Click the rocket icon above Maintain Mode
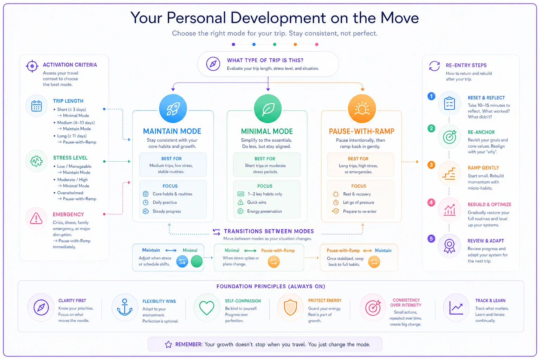click(173, 109)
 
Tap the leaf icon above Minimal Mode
click(268, 109)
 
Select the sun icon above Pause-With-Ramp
click(362, 108)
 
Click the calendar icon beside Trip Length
click(37, 105)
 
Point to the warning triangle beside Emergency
click(36, 218)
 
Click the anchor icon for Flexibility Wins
click(124, 307)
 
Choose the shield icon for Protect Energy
click(290, 307)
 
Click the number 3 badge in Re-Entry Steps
click(431, 165)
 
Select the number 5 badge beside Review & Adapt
click(431, 239)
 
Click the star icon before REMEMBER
click(168, 344)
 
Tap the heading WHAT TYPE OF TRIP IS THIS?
click(265, 60)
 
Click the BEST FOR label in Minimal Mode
click(265, 159)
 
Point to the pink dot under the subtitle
click(317, 44)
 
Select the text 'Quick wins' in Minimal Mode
click(257, 202)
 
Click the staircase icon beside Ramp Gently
click(449, 173)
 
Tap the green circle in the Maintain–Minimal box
click(197, 261)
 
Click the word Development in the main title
click(278, 18)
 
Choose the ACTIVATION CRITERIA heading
click(70, 65)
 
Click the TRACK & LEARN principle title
click(490, 301)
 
